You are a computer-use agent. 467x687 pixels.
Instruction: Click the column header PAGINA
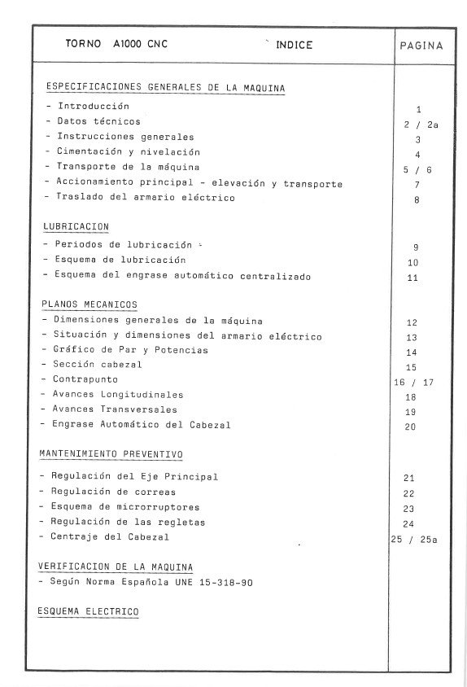tap(421, 46)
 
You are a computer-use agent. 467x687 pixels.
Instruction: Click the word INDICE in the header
tap(294, 46)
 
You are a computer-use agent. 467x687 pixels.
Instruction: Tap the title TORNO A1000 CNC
tap(116, 46)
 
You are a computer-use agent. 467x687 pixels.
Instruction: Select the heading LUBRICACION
tap(76, 226)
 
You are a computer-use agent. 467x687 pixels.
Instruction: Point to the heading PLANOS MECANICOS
tap(89, 305)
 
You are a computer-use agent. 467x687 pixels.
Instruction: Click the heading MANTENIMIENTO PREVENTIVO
tap(111, 453)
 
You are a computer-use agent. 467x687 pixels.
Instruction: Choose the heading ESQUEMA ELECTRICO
tap(88, 610)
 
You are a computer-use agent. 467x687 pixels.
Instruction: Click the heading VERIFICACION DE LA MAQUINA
tap(116, 567)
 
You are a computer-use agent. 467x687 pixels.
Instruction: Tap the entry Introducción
tap(93, 107)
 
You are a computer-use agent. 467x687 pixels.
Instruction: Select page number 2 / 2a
tap(421, 125)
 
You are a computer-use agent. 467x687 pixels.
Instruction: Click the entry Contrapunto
tap(85, 379)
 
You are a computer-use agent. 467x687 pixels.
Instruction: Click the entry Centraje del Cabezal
tap(113, 537)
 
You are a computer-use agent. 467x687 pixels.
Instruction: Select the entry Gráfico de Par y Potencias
tap(130, 350)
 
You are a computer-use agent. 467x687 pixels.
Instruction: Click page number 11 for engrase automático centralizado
tap(412, 278)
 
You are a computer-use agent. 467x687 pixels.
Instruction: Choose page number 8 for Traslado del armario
tap(417, 199)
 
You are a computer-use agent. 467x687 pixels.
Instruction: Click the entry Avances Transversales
tap(115, 409)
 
